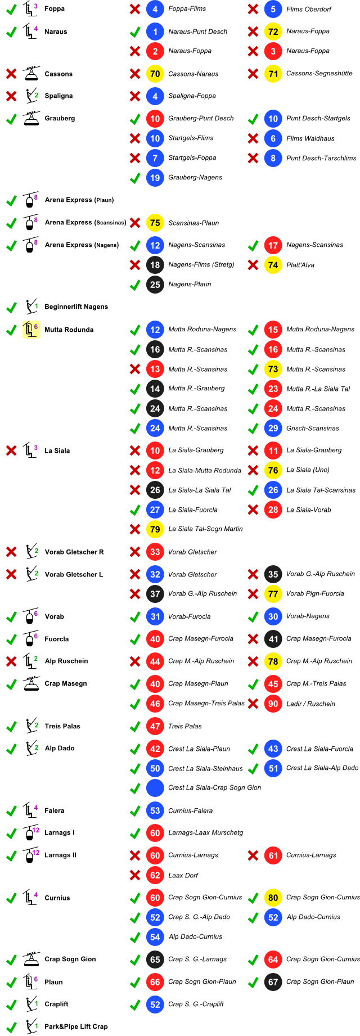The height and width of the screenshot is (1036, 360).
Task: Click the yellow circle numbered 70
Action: click(x=155, y=74)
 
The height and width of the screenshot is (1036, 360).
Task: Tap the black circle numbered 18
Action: click(x=155, y=265)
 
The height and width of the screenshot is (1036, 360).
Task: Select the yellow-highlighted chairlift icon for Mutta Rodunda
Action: click(x=30, y=330)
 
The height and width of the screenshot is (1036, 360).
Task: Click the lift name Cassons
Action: click(x=58, y=74)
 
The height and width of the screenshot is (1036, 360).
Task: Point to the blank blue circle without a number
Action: click(x=155, y=788)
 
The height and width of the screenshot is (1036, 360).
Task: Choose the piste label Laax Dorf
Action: click(x=183, y=875)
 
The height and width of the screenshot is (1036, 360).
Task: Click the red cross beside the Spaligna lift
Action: click(x=11, y=96)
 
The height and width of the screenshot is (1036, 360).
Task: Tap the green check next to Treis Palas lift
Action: click(x=11, y=727)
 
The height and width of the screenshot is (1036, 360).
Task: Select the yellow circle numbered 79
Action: click(x=155, y=529)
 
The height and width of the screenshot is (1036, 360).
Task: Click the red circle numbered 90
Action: click(x=273, y=704)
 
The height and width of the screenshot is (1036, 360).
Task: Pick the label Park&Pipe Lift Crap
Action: click(x=76, y=1026)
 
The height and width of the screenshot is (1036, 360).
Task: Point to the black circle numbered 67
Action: click(x=273, y=982)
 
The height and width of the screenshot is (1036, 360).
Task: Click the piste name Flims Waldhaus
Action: click(x=310, y=138)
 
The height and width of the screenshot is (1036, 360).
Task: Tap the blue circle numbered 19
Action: click(x=155, y=178)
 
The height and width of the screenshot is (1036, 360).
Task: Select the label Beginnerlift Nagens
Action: click(x=76, y=307)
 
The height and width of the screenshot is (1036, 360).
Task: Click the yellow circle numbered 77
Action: click(x=273, y=594)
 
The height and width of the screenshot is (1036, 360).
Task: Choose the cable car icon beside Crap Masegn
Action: click(x=31, y=684)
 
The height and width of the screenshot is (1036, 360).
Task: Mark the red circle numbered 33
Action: click(x=155, y=552)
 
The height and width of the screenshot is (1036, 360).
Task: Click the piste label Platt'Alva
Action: click(x=300, y=265)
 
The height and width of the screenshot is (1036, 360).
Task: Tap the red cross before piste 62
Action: click(x=134, y=875)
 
